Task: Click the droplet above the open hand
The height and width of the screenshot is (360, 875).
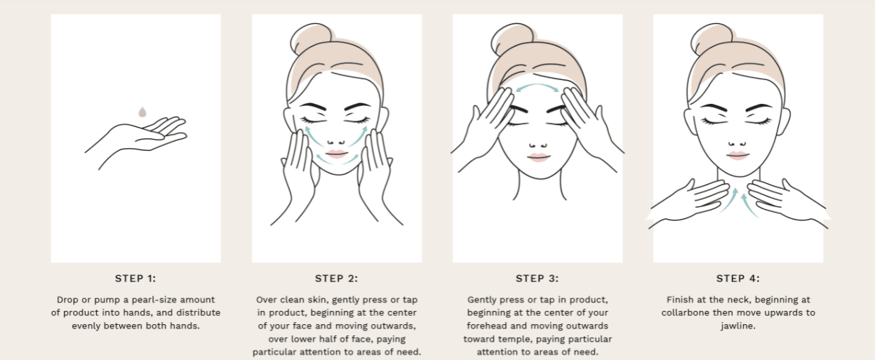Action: coord(142,112)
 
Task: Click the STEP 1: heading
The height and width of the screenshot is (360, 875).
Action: coord(135,279)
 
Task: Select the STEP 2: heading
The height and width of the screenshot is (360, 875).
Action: coord(336,279)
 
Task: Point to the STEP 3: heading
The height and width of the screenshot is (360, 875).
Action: coord(537,279)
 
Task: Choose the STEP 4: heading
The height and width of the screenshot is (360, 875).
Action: coord(738,279)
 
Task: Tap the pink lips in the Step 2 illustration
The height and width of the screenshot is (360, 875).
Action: coord(336,154)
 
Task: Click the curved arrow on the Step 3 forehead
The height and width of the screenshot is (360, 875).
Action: coord(537,86)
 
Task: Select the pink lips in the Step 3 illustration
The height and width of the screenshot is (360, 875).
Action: coord(538,157)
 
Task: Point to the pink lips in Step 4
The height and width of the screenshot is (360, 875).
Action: coord(738,155)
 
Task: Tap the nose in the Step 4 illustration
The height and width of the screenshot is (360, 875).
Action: coord(737,144)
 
